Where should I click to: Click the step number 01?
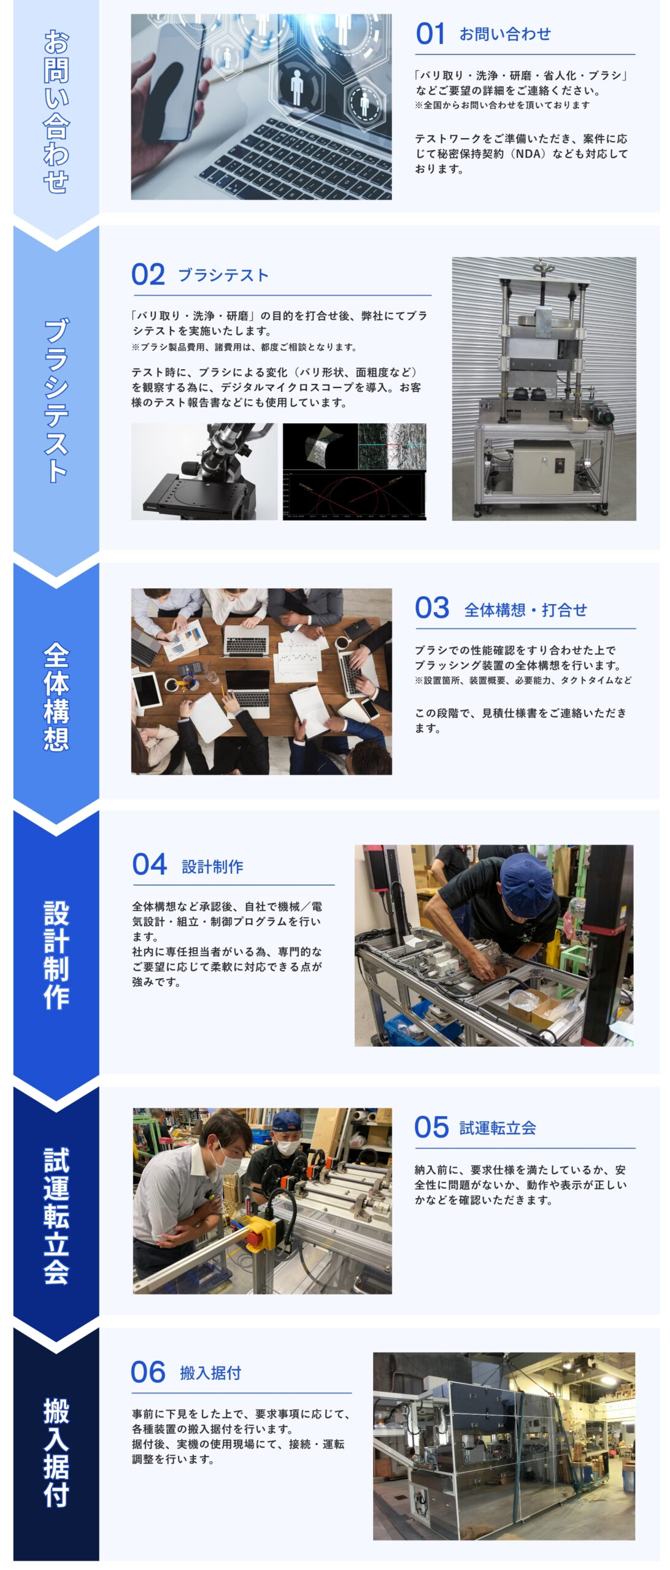click(x=430, y=34)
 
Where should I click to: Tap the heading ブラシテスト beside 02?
click(x=223, y=275)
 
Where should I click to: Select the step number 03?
click(x=432, y=608)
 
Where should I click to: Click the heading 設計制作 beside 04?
click(x=212, y=867)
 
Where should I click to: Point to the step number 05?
click(x=431, y=1127)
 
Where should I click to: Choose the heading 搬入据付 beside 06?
click(x=210, y=1373)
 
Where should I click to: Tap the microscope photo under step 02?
click(x=204, y=472)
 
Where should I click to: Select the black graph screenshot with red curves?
click(x=355, y=472)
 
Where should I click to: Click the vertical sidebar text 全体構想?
click(x=56, y=697)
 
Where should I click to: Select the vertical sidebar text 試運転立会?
click(x=56, y=1216)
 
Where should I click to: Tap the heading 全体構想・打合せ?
click(x=526, y=610)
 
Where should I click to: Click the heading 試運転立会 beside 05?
click(x=498, y=1128)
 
